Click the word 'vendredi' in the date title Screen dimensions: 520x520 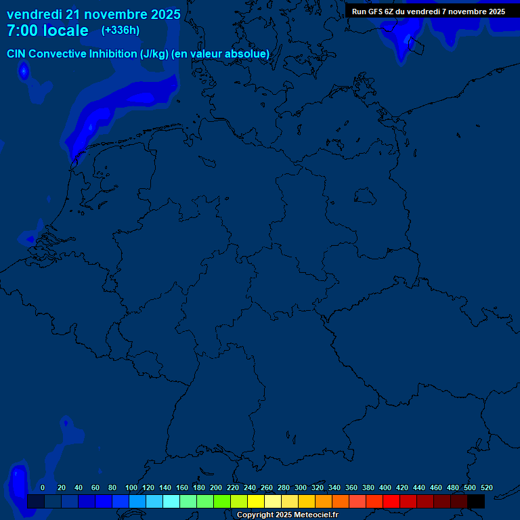pos(35,14)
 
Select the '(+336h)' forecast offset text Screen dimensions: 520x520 pos(121,30)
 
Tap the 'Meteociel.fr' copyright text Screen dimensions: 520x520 pos(316,515)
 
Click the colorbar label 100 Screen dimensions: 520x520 pos(131,487)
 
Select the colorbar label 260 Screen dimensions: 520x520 pos(267,487)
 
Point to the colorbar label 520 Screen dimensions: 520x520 pos(486,487)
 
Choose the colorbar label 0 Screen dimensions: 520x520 pos(43,487)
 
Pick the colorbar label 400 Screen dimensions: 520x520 pos(385,487)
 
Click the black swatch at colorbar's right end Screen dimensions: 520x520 pos(476,501)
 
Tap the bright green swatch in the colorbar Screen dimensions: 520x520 pos(222,501)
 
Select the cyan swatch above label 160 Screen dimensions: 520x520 pos(171,501)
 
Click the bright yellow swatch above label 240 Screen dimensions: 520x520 pos(256,501)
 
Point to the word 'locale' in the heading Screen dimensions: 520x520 pos(66,30)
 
